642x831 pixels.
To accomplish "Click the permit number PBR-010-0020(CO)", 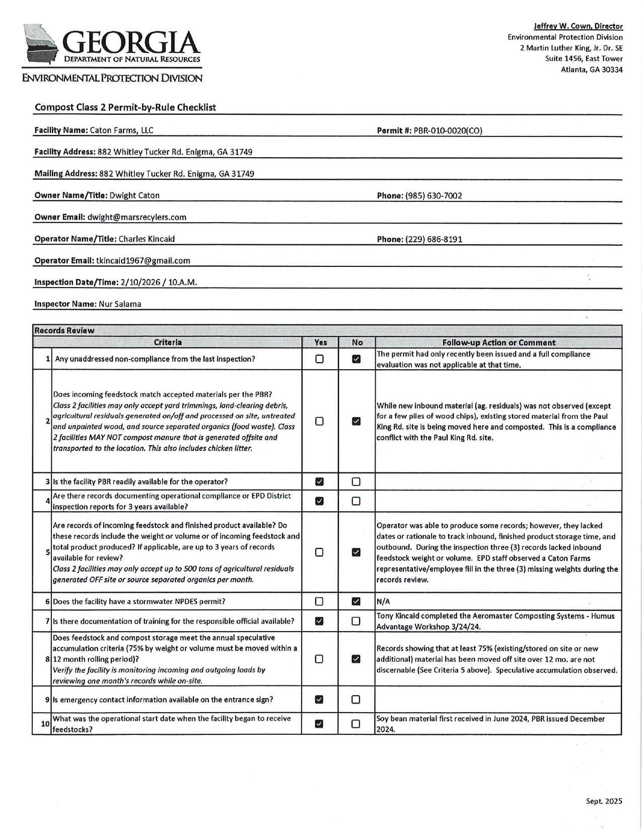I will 448,131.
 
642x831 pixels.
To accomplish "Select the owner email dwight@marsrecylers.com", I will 136,218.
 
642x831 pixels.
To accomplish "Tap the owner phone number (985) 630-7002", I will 434,196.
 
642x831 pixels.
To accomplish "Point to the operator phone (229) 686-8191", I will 434,239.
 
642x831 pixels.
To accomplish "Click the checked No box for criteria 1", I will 356,360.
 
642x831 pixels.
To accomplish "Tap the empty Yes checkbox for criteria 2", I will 319,422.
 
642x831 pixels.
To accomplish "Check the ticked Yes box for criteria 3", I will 319,482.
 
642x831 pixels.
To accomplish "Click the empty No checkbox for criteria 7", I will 356,621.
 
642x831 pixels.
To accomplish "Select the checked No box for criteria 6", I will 356,602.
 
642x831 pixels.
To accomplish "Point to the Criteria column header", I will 168,343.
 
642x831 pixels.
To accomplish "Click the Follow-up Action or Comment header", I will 498,343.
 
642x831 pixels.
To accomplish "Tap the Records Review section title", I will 64,331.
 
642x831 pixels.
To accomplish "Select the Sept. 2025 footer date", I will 604,801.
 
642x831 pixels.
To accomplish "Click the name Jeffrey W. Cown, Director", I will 578,26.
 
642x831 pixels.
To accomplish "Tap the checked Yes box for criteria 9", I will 319,700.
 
